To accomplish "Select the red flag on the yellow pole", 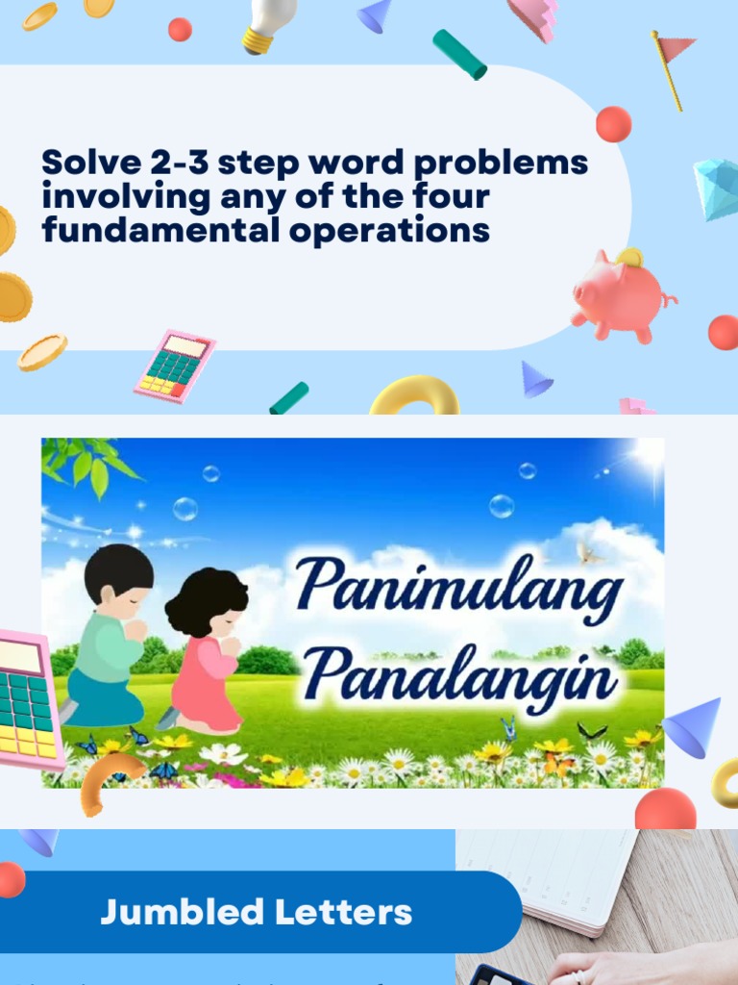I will click(676, 47).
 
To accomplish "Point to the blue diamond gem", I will click(718, 188).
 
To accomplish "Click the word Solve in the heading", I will click(89, 163).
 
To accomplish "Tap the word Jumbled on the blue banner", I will click(182, 912).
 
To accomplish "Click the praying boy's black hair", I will click(118, 568).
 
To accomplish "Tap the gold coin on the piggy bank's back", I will click(629, 257).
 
